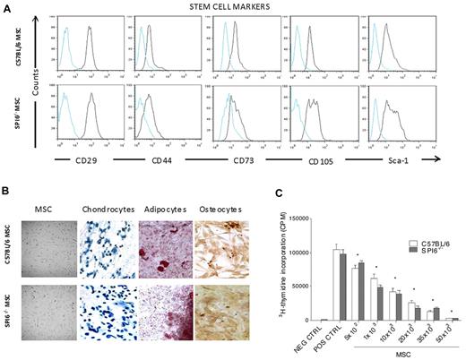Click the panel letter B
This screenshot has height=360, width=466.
point(8,187)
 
